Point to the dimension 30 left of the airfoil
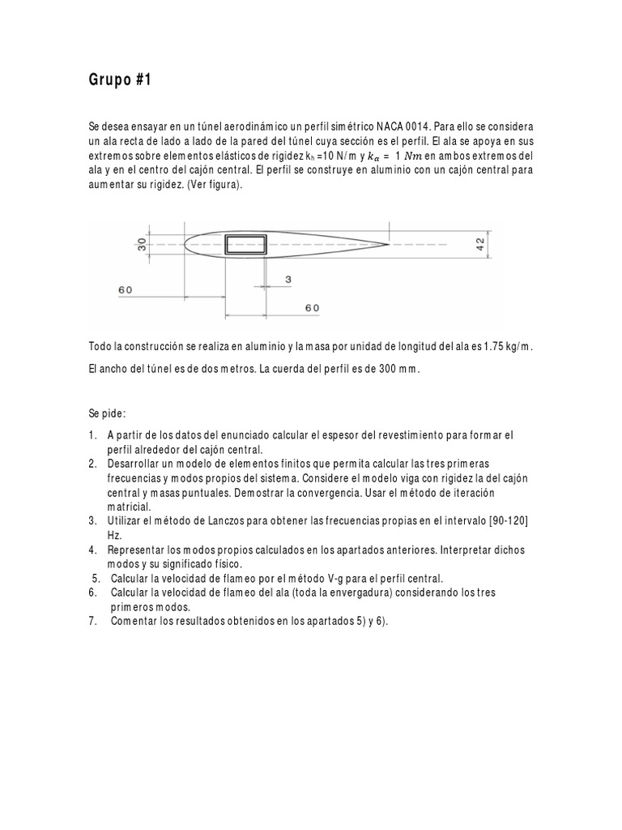[x=142, y=244]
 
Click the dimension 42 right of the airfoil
[x=480, y=244]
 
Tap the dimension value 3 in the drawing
[x=288, y=280]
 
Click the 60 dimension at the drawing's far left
[x=125, y=289]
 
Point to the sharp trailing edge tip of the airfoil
[x=390, y=243]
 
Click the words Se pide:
[x=108, y=413]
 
